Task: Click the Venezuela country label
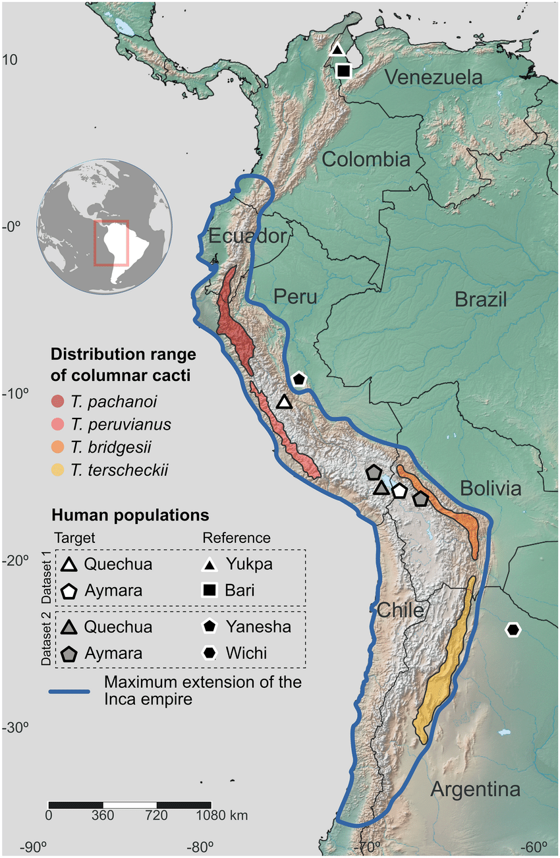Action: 434,78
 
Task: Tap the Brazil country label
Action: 480,300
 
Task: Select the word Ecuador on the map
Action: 248,237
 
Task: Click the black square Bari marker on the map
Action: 343,71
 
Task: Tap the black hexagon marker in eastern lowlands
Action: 513,629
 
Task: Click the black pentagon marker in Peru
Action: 300,378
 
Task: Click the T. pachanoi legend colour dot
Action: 58,401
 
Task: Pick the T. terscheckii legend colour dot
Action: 58,471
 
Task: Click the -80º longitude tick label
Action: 200,847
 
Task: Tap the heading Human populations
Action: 130,514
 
